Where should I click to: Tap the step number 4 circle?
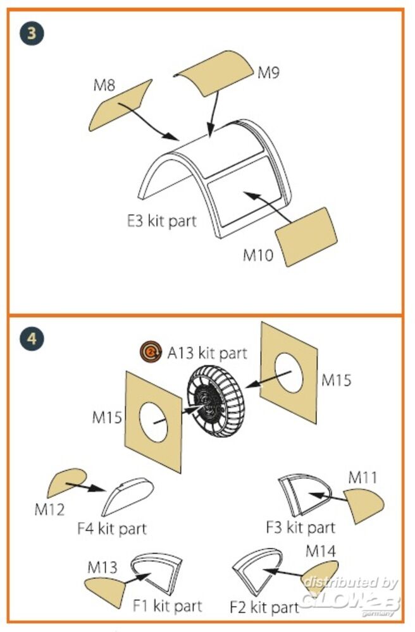pos(31,339)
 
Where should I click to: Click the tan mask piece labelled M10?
pos(307,236)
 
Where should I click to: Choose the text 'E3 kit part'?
pos(161,221)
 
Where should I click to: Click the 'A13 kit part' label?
pos(206,353)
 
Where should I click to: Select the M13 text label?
pos(102,567)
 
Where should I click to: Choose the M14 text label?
pos(321,550)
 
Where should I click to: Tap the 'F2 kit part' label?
pos(264,608)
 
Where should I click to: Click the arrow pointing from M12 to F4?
pos(85,486)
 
